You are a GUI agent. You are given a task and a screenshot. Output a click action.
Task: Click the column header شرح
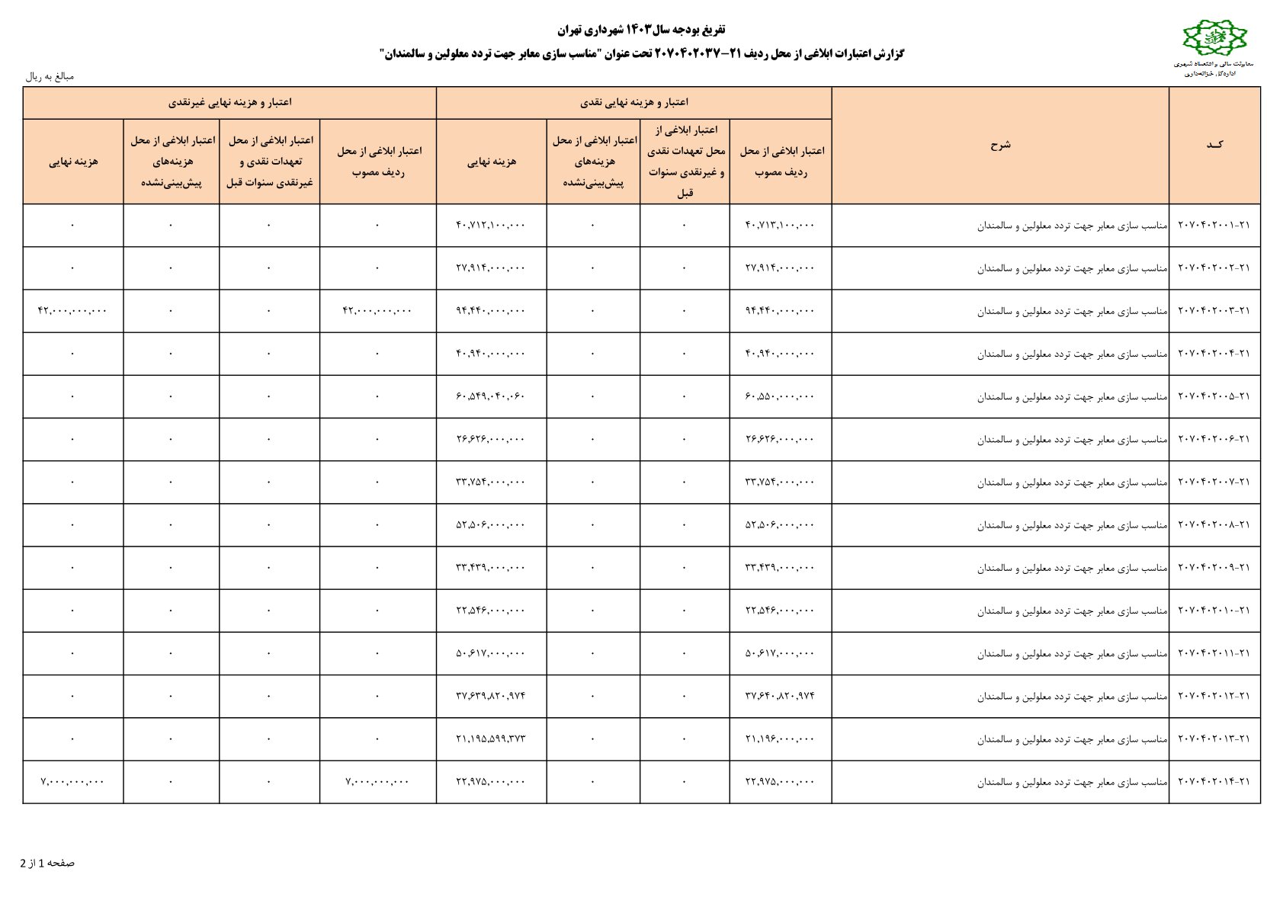click(x=999, y=145)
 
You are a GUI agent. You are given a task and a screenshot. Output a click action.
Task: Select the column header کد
click(x=1214, y=145)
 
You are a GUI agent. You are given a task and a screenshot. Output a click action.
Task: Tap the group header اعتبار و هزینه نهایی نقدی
click(x=634, y=102)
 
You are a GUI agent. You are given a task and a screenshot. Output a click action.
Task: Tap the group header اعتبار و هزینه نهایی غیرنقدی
click(x=229, y=102)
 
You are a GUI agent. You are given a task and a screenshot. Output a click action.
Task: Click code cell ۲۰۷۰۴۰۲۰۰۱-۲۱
click(x=1214, y=226)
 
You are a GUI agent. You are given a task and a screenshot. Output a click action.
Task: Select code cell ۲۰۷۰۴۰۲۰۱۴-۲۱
click(x=1214, y=782)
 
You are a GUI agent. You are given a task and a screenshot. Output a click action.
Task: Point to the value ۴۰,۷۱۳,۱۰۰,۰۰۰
click(x=780, y=226)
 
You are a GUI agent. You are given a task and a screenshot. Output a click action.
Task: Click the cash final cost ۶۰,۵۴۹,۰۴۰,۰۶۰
click(x=491, y=396)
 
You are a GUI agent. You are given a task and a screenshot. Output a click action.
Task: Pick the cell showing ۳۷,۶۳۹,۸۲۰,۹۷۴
click(x=491, y=696)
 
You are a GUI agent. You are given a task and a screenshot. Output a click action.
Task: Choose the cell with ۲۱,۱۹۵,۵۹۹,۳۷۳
click(x=491, y=739)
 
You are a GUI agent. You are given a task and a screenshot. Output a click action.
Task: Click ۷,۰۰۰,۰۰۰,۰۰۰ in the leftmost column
click(x=72, y=782)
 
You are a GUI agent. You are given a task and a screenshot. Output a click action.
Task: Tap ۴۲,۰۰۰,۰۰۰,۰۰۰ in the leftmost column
click(x=72, y=311)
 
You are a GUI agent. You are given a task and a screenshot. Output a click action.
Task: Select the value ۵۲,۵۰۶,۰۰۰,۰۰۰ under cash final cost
click(x=491, y=525)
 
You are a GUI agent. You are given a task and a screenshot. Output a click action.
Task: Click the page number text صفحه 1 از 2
click(x=47, y=863)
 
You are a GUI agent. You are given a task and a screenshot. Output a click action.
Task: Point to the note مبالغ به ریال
click(x=50, y=76)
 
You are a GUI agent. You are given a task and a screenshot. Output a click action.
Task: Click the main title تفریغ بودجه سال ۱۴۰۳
click(x=641, y=30)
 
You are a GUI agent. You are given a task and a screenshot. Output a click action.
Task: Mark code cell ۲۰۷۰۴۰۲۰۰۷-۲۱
click(x=1214, y=482)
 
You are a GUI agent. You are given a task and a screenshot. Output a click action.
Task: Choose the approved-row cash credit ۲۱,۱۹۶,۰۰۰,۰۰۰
click(x=780, y=739)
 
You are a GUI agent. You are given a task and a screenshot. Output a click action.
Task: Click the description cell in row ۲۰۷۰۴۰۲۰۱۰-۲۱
click(x=1072, y=611)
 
